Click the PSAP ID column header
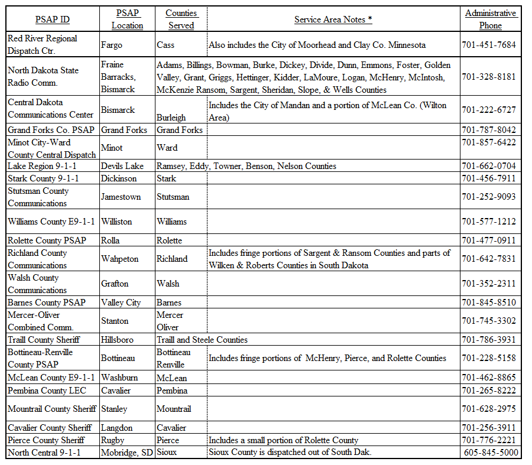pyautogui.click(x=52, y=19)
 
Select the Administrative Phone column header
pyautogui.click(x=490, y=19)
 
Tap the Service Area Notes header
pyautogui.click(x=333, y=19)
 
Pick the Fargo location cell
pyautogui.click(x=112, y=45)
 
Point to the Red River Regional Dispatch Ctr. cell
pyautogui.click(x=43, y=45)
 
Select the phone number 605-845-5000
pyautogui.click(x=491, y=453)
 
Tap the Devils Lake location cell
pyautogui.click(x=122, y=166)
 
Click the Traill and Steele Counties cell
pyautogui.click(x=202, y=340)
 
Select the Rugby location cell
pyautogui.click(x=113, y=440)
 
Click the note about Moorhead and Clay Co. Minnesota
pyautogui.click(x=317, y=45)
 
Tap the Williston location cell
pyautogui.click(x=116, y=222)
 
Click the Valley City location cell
pyautogui.click(x=121, y=303)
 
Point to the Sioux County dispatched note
pyautogui.click(x=289, y=453)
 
